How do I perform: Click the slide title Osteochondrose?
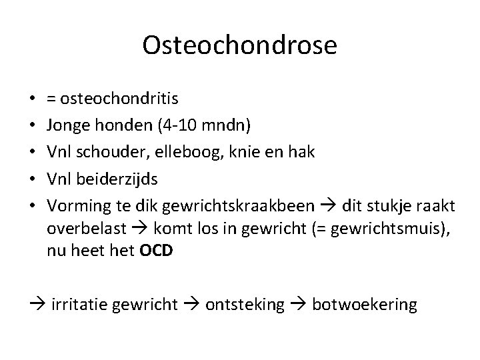[240, 46]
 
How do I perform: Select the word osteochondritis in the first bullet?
[119, 99]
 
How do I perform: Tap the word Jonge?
[65, 125]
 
